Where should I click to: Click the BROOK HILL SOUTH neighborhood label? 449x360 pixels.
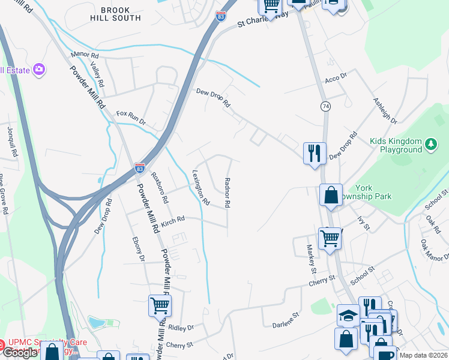(121, 14)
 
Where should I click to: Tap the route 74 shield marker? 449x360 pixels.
(325, 106)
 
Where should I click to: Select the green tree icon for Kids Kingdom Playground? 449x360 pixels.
(430, 145)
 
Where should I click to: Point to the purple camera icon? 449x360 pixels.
(40, 70)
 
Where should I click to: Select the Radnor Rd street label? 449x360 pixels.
(227, 192)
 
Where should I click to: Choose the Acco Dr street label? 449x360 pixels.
(336, 77)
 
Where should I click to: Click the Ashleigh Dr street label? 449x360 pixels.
(385, 111)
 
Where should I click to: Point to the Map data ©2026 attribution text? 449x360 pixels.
(423, 355)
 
